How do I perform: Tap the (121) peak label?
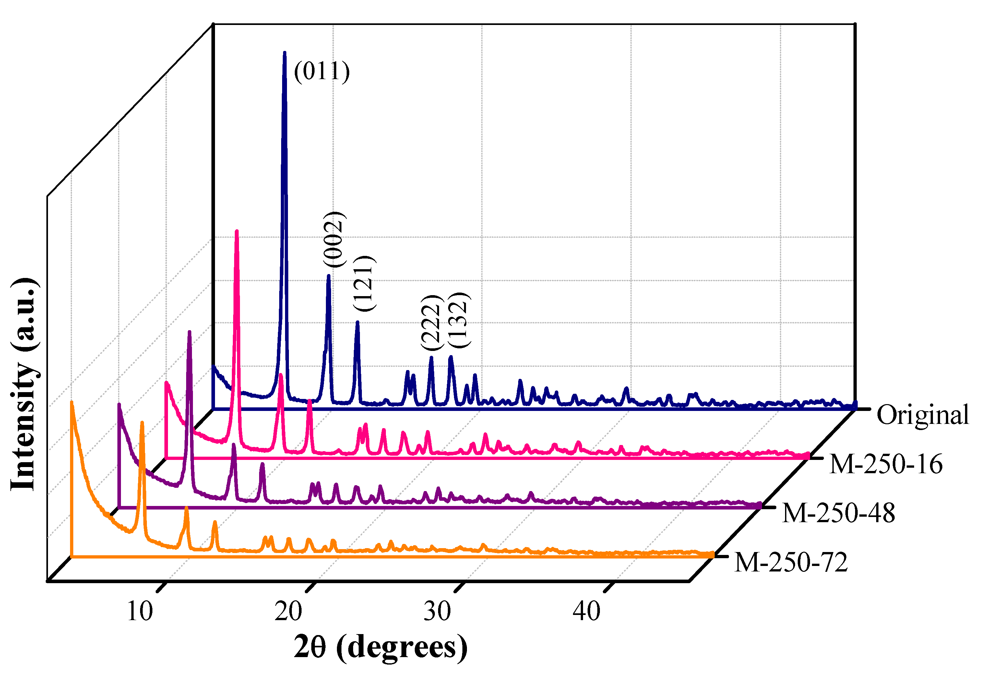click(x=364, y=283)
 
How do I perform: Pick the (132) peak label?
click(x=459, y=320)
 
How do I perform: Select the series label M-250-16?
click(x=886, y=464)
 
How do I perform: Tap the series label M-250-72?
click(x=791, y=562)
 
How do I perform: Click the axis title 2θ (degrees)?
click(x=380, y=647)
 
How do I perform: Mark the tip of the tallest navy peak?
click(x=285, y=53)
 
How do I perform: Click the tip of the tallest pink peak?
click(x=236, y=231)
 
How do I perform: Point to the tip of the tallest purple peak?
click(x=189, y=332)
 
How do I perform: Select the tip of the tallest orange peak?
click(x=142, y=423)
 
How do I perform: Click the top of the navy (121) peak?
click(x=357, y=322)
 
